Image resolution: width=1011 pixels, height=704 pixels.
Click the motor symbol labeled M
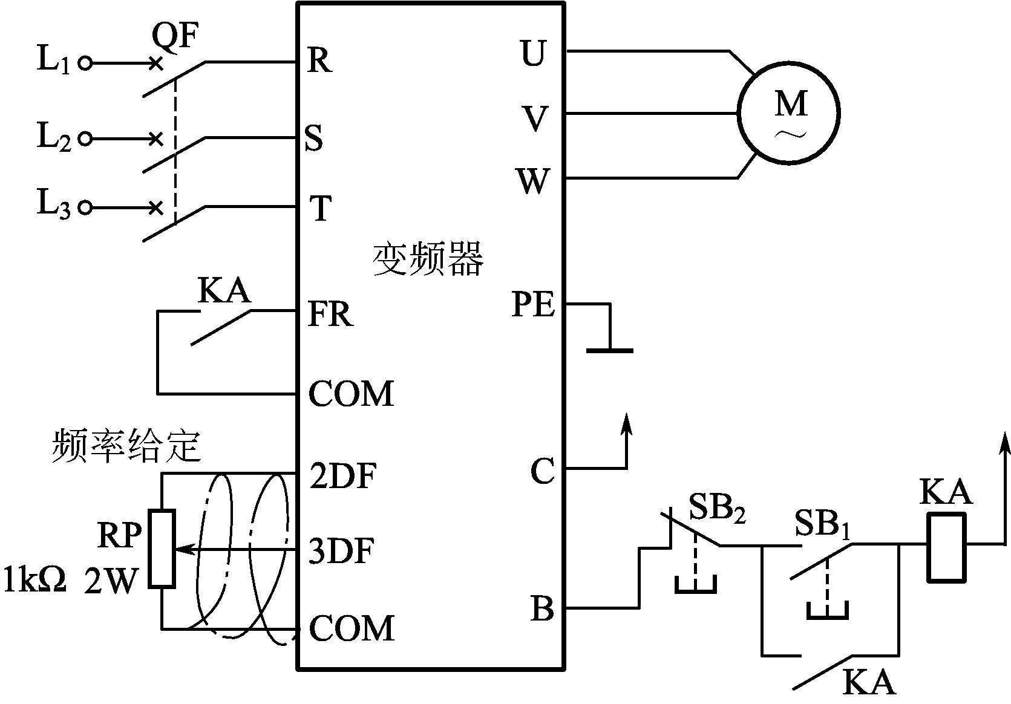(x=789, y=112)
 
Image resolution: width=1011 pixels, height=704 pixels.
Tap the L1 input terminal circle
(x=85, y=63)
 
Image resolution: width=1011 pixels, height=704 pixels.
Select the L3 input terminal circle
(x=85, y=208)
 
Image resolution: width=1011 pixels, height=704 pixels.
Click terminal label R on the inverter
(x=319, y=60)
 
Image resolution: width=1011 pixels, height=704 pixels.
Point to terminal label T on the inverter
(x=320, y=209)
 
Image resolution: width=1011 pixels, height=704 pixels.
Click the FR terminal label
(x=330, y=315)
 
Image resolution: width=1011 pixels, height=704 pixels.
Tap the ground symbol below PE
(x=610, y=349)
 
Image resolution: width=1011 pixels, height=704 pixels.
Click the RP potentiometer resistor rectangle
(x=162, y=549)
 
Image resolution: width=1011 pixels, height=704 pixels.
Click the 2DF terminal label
(x=343, y=476)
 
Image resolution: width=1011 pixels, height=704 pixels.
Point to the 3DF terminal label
(x=341, y=551)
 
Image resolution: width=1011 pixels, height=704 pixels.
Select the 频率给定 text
(x=126, y=446)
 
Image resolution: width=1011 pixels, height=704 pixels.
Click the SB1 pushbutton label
(x=822, y=524)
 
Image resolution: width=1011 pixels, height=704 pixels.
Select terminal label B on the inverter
(x=542, y=608)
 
